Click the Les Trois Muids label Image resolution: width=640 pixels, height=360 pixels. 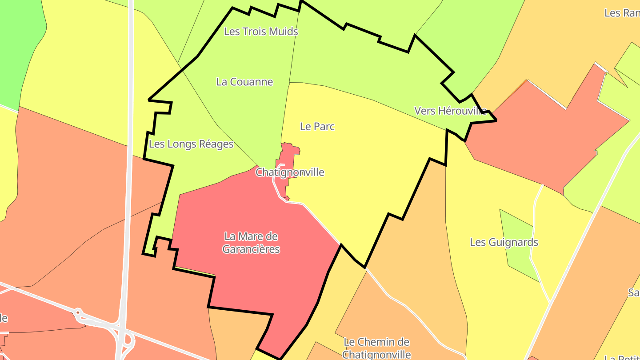[261, 32]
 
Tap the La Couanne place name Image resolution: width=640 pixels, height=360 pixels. [244, 82]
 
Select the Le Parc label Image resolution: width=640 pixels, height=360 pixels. [317, 126]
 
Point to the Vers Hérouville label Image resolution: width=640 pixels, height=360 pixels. [451, 111]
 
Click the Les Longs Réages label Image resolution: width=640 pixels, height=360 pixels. [191, 144]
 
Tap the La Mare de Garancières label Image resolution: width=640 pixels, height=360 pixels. [251, 243]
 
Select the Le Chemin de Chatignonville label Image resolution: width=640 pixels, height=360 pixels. [376, 348]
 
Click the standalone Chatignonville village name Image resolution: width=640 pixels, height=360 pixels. [290, 172]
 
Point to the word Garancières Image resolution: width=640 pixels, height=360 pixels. [251, 249]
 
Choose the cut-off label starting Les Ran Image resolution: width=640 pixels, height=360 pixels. [622, 13]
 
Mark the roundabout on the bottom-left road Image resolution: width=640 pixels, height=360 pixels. [78, 314]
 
